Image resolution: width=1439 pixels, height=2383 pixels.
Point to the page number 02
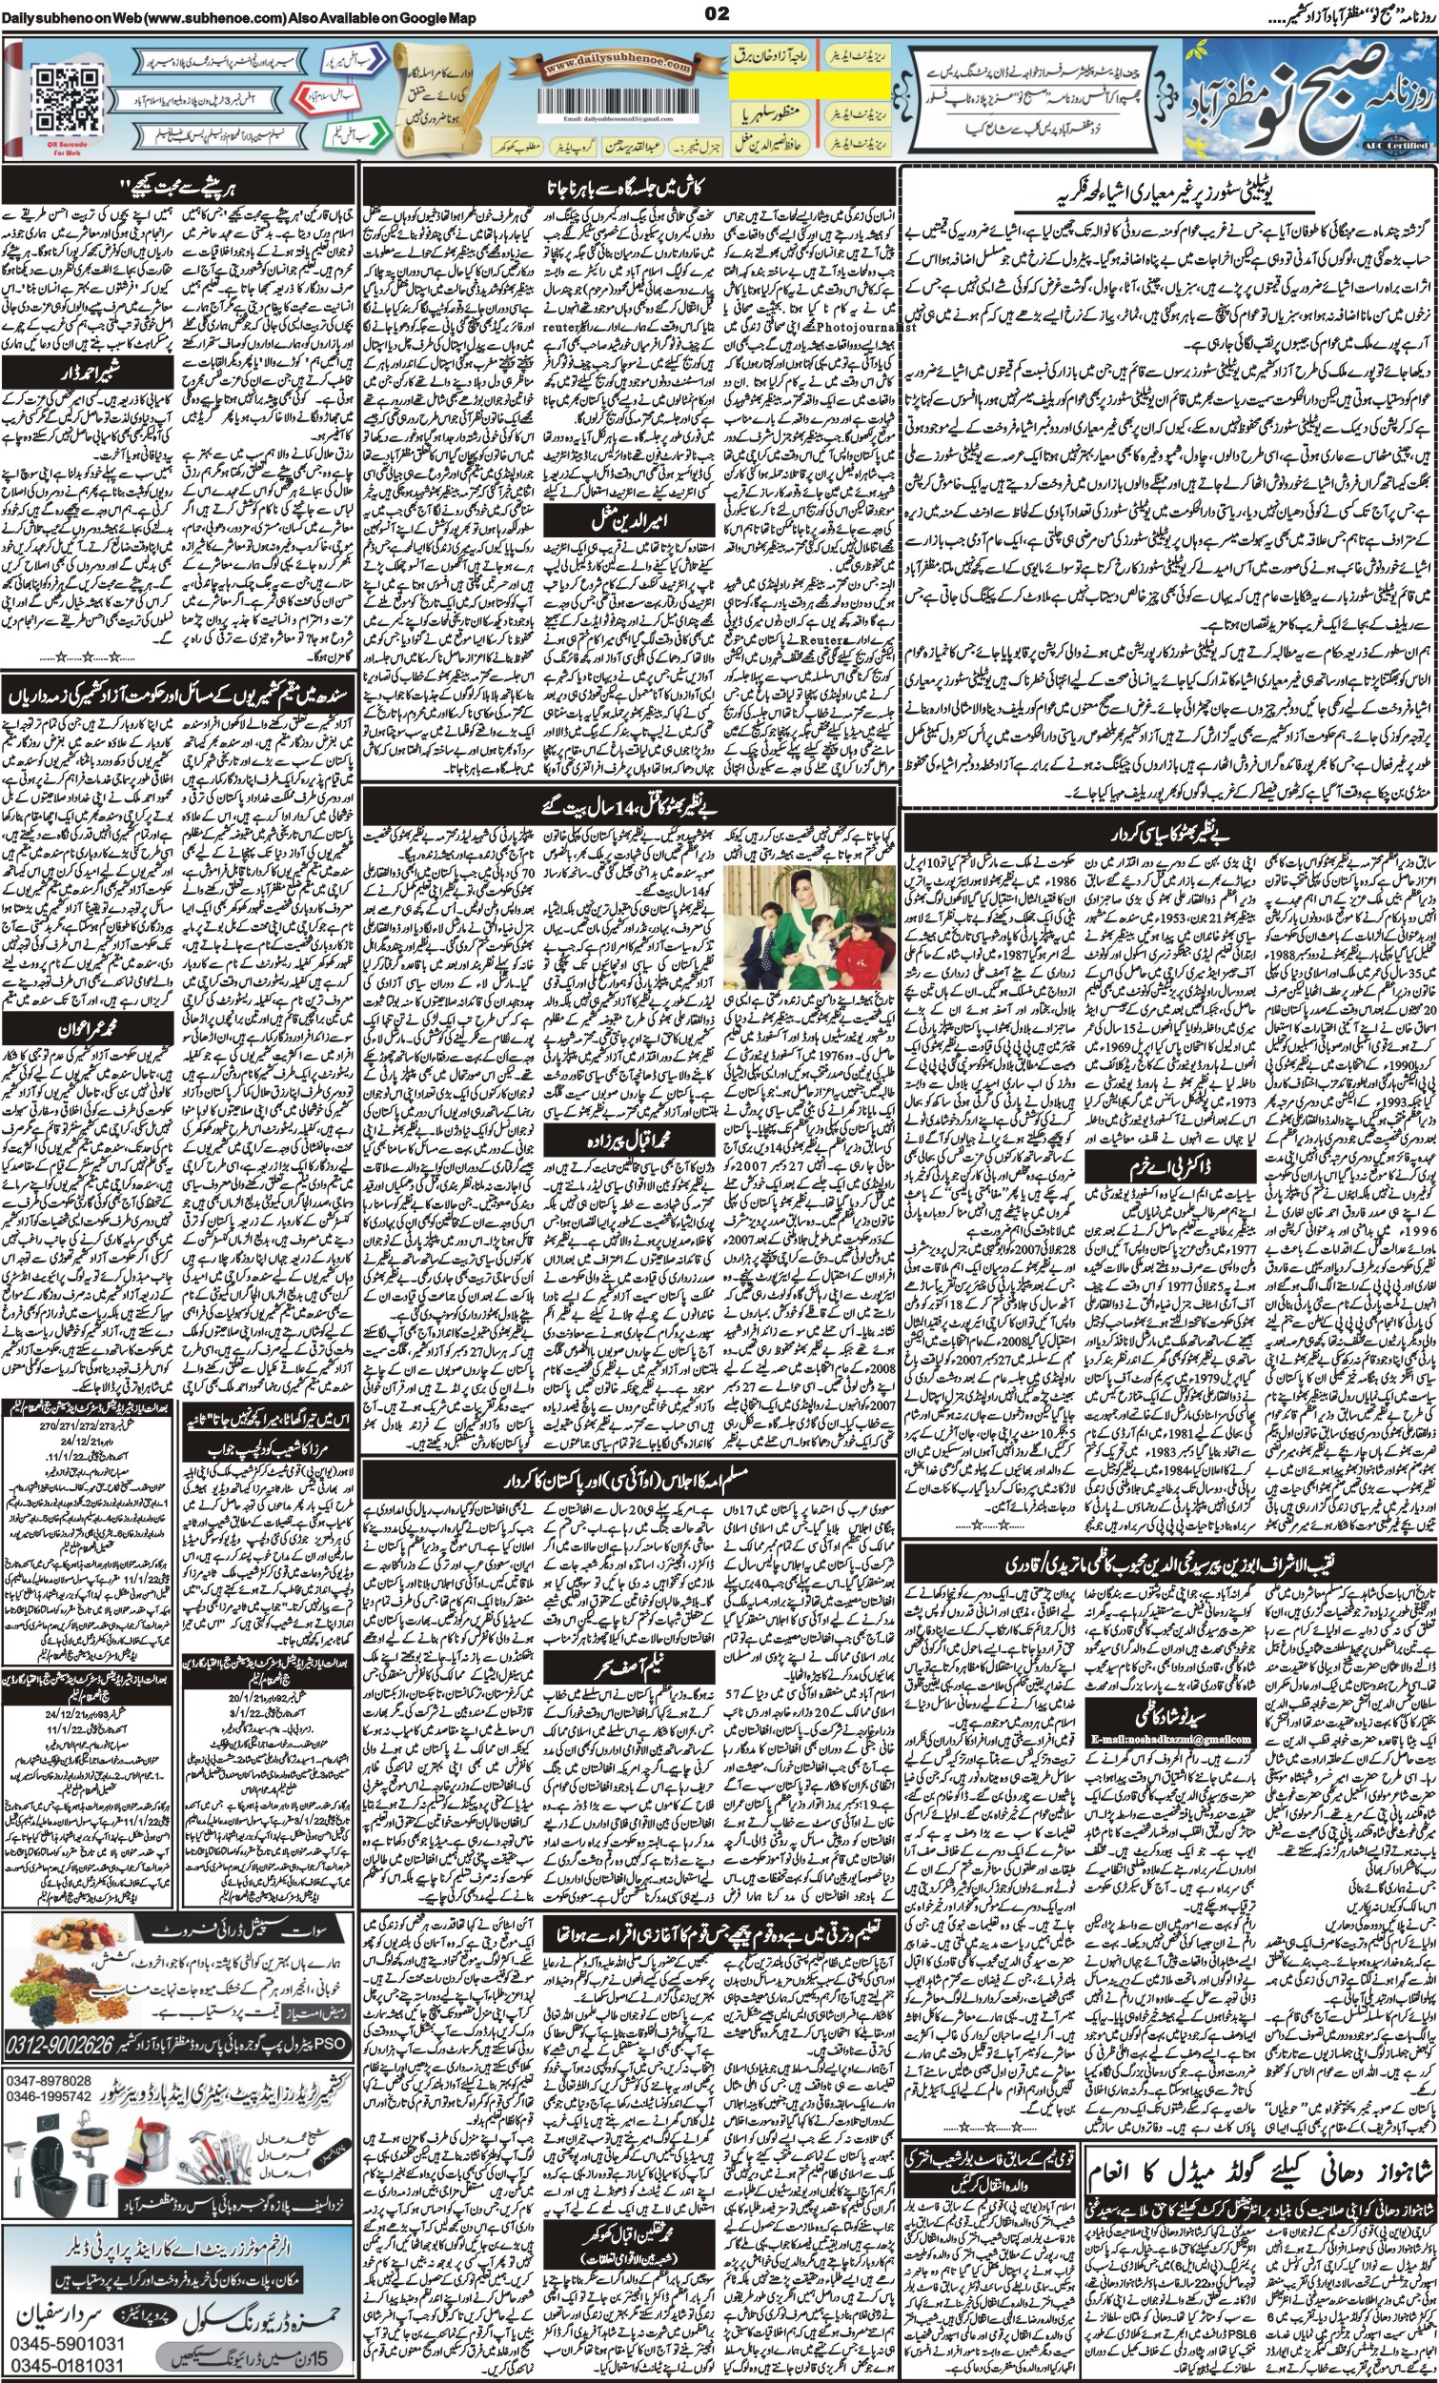718,13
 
